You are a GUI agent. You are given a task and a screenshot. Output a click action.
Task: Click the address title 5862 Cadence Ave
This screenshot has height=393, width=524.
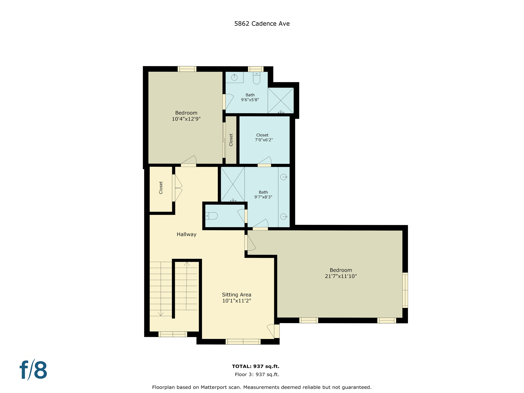262,24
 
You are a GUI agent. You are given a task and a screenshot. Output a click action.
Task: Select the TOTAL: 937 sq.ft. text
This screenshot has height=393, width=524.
255,366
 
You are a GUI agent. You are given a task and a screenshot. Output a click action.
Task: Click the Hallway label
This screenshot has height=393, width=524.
187,234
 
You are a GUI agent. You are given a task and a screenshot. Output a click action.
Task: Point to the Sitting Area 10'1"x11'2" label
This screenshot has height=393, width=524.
236,298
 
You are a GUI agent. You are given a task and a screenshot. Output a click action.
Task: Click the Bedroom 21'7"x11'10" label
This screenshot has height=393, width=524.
341,273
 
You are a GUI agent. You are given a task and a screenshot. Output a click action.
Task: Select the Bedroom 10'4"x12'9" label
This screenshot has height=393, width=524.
186,116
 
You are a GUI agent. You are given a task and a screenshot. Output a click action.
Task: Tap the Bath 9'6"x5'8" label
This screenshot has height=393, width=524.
250,97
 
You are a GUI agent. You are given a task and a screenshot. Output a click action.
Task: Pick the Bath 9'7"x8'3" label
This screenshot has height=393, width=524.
263,194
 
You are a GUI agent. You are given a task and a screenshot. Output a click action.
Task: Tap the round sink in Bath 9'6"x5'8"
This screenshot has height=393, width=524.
234,77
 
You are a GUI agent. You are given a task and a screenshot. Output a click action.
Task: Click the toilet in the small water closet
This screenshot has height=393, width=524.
212,216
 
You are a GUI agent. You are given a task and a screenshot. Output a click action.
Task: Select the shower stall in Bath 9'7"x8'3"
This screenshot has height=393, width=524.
233,184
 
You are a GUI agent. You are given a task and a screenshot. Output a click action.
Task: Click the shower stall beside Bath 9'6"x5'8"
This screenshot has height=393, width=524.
280,100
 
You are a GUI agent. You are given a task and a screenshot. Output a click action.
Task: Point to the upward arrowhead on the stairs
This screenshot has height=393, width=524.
187,264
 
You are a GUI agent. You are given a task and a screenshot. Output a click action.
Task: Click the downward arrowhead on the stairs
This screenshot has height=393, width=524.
161,314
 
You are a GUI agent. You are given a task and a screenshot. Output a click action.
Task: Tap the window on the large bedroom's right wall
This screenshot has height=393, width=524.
405,290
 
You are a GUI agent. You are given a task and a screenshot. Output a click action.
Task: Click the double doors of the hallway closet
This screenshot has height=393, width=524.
177,188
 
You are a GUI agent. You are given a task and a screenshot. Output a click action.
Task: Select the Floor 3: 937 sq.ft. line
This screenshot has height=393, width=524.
257,375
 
